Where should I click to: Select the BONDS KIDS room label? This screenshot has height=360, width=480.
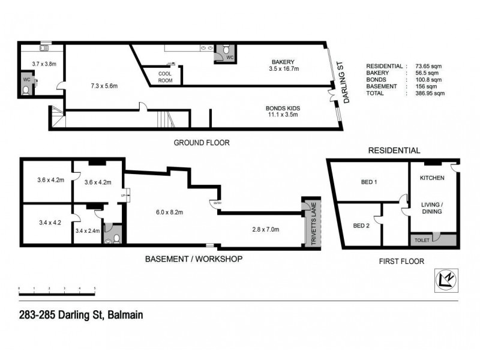coord(283,112)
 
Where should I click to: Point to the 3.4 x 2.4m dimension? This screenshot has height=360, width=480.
coord(88,230)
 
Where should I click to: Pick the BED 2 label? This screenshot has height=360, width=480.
coord(361,226)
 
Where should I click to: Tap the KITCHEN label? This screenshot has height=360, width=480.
coord(431,178)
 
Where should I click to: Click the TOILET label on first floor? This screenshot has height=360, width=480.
coord(422,240)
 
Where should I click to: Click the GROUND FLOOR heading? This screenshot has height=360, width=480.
coord(202,143)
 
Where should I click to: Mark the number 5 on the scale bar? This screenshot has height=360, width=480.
coord(95,289)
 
